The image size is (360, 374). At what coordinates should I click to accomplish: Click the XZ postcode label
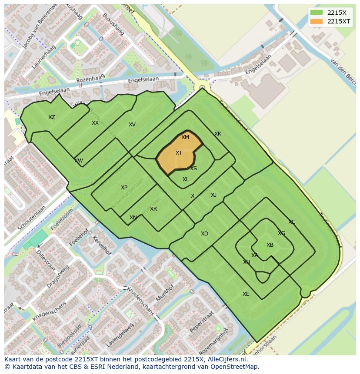pyautogui.click(x=52, y=117)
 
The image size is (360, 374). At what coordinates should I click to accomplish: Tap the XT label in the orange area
pyautogui.click(x=179, y=153)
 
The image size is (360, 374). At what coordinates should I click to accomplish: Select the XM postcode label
pyautogui.click(x=185, y=137)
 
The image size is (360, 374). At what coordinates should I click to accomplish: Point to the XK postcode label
pyautogui.click(x=218, y=134)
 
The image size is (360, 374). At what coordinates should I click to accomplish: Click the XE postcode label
pyautogui.click(x=246, y=294)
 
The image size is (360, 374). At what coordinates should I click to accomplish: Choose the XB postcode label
pyautogui.click(x=270, y=245)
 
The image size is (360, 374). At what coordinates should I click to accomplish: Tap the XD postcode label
pyautogui.click(x=204, y=234)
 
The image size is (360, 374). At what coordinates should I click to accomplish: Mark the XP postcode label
pyautogui.click(x=124, y=188)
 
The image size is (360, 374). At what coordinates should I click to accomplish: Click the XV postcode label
pyautogui.click(x=132, y=125)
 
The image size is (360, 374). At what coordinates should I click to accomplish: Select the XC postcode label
pyautogui.click(x=292, y=222)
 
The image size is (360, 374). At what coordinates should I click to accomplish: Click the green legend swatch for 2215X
pyautogui.click(x=317, y=13)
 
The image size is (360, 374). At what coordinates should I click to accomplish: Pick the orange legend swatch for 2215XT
pyautogui.click(x=317, y=21)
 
